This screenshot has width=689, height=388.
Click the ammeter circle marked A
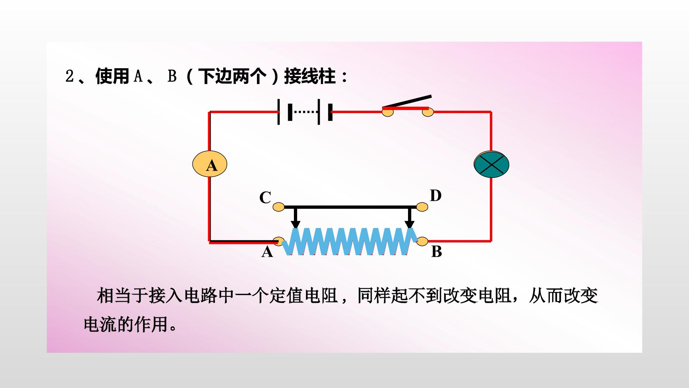pos(210,164)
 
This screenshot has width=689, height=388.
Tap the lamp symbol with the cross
pos(492,165)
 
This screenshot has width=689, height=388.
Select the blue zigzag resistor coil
pos(350,241)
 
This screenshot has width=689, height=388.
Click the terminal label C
pos(265,198)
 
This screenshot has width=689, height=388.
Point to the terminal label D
pos(435,196)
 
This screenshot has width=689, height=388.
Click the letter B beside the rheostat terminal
pos(436,251)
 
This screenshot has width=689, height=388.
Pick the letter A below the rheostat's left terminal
pos(267,252)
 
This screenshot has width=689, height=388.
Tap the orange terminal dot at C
pos(278,207)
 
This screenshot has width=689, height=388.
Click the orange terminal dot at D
pos(422,207)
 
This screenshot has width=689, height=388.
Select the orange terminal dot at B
pos(422,241)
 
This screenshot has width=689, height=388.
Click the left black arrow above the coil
pos(295,218)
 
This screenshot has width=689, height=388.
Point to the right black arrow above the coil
pos(409,218)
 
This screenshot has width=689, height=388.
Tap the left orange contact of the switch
pos(388,112)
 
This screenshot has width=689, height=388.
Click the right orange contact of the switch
pos(428,112)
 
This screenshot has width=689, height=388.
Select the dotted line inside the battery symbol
pos(306,112)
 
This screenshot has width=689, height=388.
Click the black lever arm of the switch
pos(407,102)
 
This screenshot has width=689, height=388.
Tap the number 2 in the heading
pos(69,76)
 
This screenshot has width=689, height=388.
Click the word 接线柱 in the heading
pos(310,76)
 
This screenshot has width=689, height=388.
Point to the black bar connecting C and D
pos(350,207)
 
